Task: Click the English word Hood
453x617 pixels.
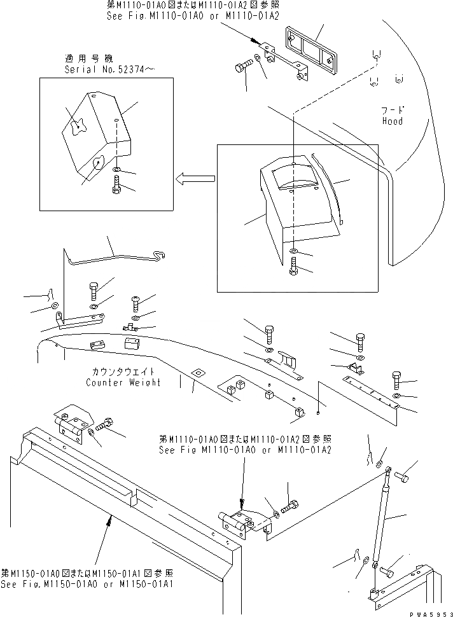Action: [392, 121]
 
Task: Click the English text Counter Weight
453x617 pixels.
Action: [123, 382]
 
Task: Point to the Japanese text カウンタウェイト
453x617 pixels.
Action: [123, 371]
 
